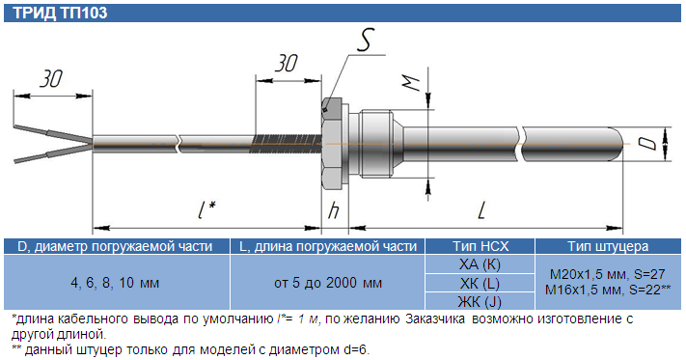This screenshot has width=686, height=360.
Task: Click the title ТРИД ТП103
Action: [61, 13]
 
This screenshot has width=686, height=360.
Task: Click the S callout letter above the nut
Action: [365, 40]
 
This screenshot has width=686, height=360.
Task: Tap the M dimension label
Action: [411, 83]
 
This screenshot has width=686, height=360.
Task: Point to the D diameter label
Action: [651, 144]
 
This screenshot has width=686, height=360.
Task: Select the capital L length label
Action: [481, 211]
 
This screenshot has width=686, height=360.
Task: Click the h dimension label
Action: [334, 210]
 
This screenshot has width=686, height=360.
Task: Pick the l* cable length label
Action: [206, 209]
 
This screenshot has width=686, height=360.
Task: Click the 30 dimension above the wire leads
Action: [51, 79]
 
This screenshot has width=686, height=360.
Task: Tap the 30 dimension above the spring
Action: [287, 64]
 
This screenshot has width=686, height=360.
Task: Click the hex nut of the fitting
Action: [334, 144]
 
